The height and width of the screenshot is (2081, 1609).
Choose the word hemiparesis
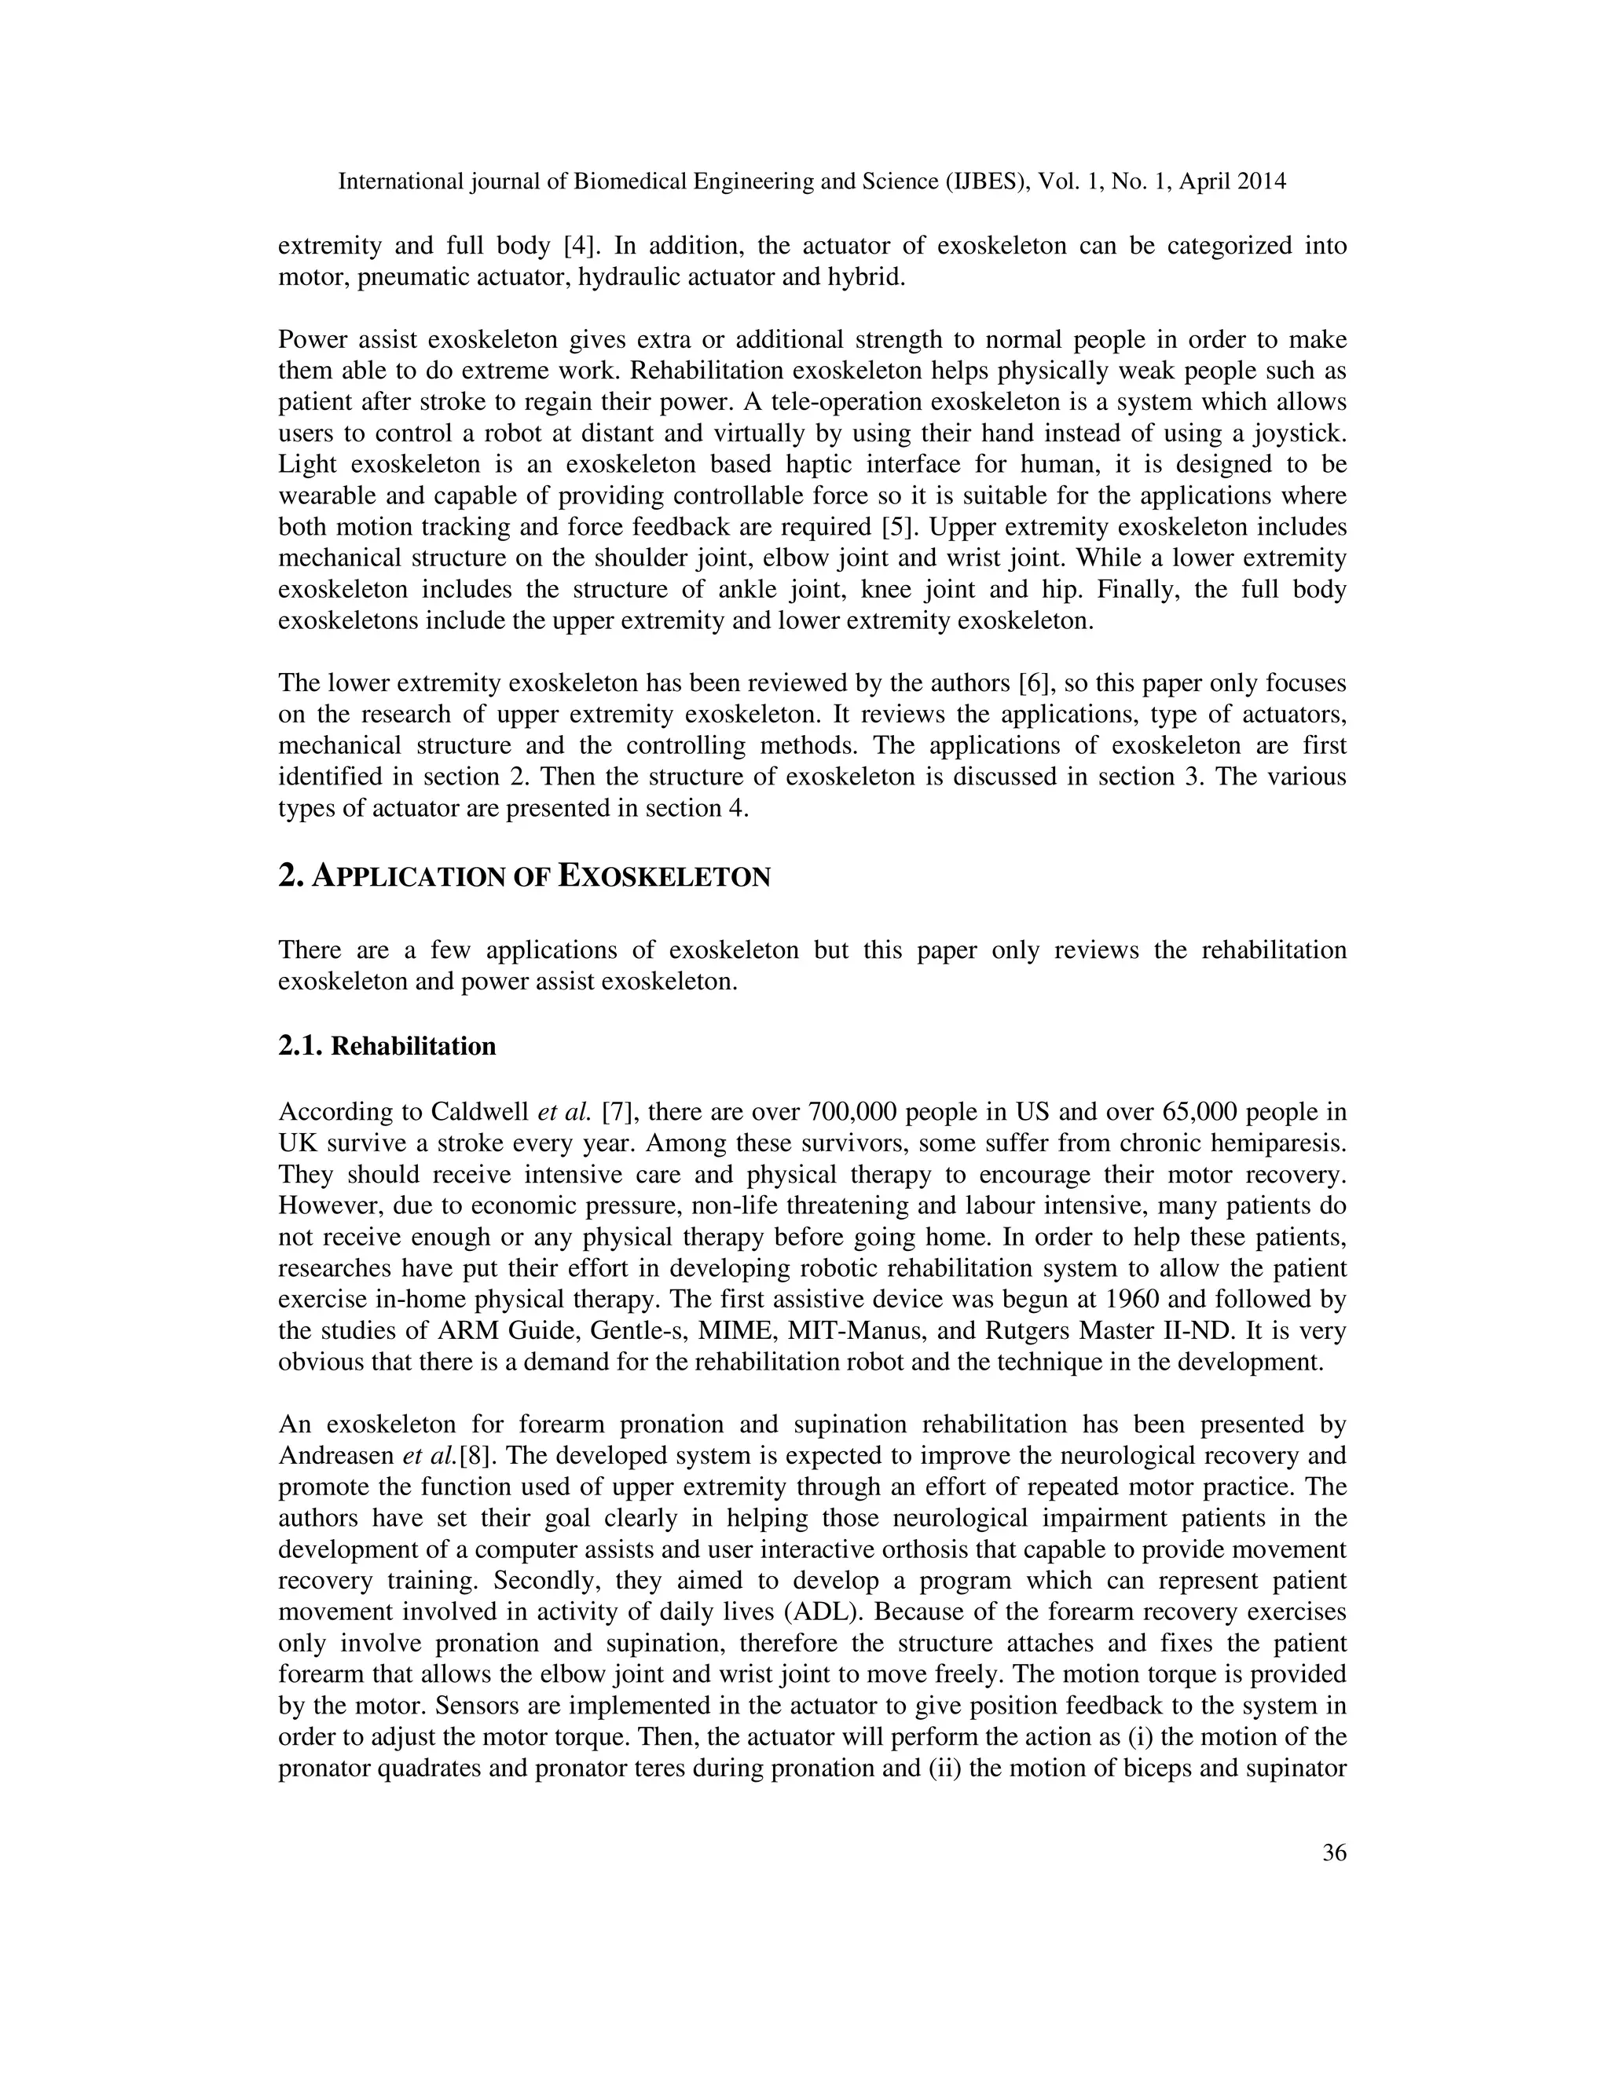pyautogui.click(x=1274, y=1143)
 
